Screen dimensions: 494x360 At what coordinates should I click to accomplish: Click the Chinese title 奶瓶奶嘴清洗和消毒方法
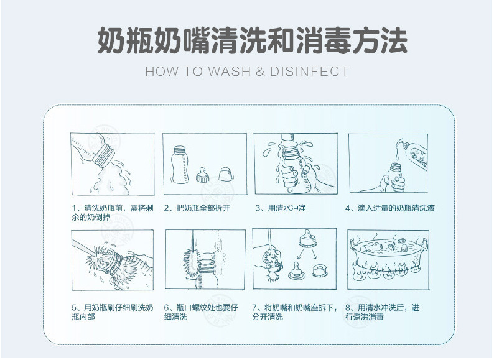pyautogui.click(x=252, y=41)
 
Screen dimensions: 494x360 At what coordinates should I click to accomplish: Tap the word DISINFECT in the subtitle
pyautogui.click(x=309, y=71)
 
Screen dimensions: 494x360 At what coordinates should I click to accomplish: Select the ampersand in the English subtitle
pyautogui.click(x=260, y=72)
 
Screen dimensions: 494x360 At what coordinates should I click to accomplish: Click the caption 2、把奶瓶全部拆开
pyautogui.click(x=197, y=208)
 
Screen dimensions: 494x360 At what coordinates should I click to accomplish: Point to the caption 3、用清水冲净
pyautogui.click(x=281, y=208)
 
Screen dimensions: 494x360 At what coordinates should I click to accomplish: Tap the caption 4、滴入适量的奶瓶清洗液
pyautogui.click(x=390, y=208)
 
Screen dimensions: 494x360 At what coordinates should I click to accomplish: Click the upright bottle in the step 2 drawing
pyautogui.click(x=180, y=165)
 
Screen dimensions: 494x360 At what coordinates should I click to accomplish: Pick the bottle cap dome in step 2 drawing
pyautogui.click(x=226, y=174)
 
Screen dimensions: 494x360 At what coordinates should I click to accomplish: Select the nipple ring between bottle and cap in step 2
pyautogui.click(x=203, y=175)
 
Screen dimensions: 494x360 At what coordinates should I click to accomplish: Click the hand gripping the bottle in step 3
pyautogui.click(x=289, y=178)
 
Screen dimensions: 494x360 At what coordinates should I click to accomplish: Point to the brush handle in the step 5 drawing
pyautogui.click(x=84, y=247)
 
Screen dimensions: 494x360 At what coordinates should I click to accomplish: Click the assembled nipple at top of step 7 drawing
pyautogui.click(x=307, y=239)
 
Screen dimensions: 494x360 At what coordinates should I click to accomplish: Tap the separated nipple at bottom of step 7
pyautogui.click(x=296, y=271)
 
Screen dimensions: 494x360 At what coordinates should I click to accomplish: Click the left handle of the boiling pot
pyautogui.click(x=353, y=243)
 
